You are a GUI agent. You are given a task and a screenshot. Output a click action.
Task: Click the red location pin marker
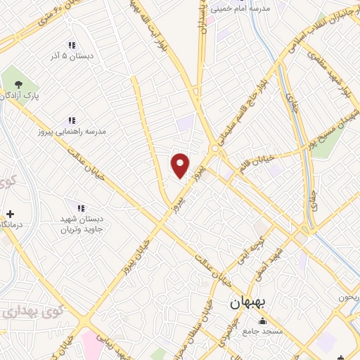[180, 165]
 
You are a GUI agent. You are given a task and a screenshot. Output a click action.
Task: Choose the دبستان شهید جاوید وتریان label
[81, 224]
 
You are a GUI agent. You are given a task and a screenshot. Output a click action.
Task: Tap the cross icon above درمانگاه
[9, 213]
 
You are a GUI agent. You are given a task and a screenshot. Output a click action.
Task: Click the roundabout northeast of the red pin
[214, 148]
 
